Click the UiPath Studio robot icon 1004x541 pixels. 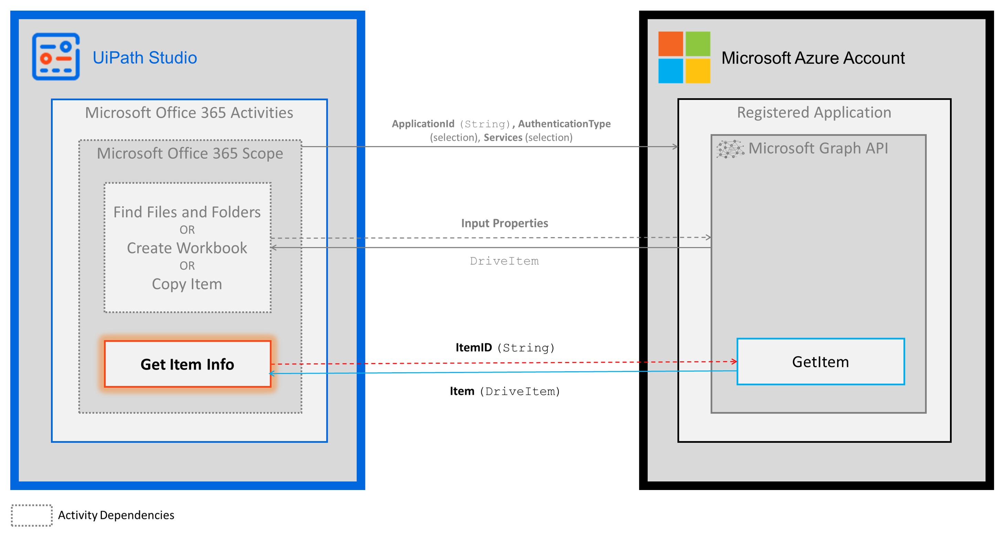tap(56, 57)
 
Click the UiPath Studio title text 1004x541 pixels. tap(145, 58)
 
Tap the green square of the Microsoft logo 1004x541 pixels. tap(698, 44)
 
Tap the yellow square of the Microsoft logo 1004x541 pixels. tap(698, 71)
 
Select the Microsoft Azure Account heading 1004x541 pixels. tap(813, 58)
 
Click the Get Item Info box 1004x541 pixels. tap(187, 364)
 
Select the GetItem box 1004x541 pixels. tap(820, 362)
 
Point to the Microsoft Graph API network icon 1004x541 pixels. tap(730, 149)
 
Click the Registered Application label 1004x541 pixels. tap(814, 113)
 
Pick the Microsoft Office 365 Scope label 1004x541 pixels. tap(190, 153)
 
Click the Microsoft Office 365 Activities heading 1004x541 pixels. tap(189, 113)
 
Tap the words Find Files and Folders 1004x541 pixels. tap(187, 212)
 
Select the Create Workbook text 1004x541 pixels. tap(187, 248)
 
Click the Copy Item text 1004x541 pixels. tap(187, 284)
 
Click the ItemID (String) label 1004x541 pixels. tap(505, 347)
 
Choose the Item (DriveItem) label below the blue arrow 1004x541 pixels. tap(505, 391)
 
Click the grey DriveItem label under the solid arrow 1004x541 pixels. tap(504, 261)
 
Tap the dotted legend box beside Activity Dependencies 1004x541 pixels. tap(32, 515)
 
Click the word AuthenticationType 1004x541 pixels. tap(564, 124)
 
